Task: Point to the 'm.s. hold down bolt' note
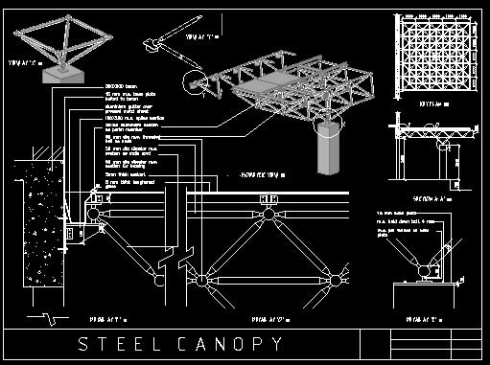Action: coord(418,220)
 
